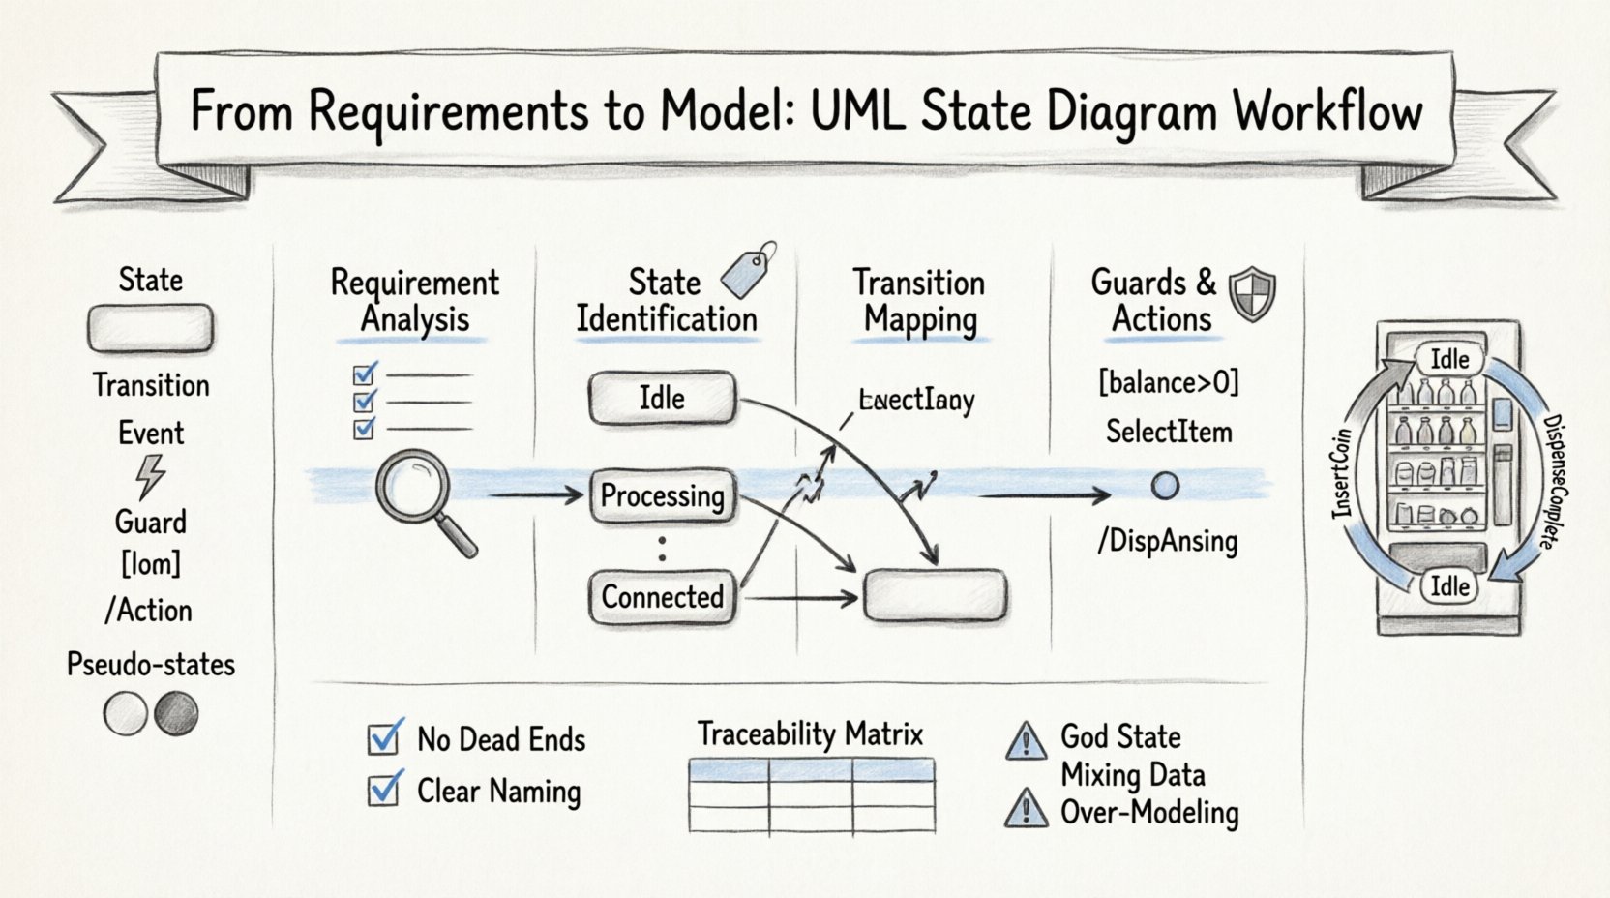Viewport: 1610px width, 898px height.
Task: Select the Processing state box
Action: click(663, 496)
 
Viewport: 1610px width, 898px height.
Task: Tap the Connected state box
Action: click(663, 597)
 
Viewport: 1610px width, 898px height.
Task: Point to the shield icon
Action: click(1252, 293)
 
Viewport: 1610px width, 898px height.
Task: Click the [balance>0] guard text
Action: click(1168, 383)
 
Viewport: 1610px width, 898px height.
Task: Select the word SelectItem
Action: click(1169, 432)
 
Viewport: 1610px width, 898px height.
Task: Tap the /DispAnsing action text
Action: click(1168, 541)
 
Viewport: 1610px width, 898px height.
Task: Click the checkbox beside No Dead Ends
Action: click(385, 738)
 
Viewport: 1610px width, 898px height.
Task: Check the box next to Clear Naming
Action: click(385, 790)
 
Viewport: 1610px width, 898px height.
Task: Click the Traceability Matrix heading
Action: click(811, 734)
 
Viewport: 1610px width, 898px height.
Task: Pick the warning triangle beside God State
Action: click(1026, 741)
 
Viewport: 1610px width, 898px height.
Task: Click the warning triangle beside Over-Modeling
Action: click(1026, 809)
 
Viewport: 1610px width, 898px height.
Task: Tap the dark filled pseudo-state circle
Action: click(176, 715)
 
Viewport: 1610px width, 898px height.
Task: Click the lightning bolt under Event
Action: click(150, 476)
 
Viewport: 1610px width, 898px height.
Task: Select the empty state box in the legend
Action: click(150, 329)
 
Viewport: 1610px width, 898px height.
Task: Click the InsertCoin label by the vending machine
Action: click(1342, 473)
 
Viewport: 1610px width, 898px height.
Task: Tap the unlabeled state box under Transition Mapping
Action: click(935, 594)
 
